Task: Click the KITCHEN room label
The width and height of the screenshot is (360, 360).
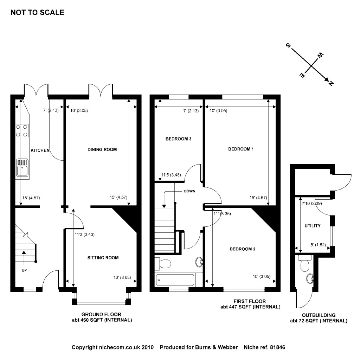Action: (x=40, y=150)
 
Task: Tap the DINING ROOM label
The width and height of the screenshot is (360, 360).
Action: (x=102, y=150)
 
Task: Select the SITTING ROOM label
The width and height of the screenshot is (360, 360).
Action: (x=103, y=258)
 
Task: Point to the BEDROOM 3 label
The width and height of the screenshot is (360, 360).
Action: (x=178, y=139)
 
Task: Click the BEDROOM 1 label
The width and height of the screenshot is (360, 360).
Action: (x=241, y=149)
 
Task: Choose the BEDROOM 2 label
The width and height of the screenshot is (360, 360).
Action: (x=242, y=249)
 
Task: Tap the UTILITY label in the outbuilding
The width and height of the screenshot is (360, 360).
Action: (x=312, y=226)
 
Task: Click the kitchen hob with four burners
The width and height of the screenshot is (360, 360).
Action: (x=22, y=131)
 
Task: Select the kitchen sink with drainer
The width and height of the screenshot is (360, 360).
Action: (x=22, y=168)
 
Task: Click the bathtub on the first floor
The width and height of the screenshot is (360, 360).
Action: (x=175, y=280)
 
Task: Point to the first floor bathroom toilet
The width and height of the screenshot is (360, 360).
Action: (x=164, y=263)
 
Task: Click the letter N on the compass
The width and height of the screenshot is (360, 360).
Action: (x=330, y=83)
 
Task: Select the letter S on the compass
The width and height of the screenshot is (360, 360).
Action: (x=288, y=46)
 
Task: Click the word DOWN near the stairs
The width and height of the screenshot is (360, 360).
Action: (x=189, y=191)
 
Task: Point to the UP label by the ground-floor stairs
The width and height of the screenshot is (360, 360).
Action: (x=24, y=270)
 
